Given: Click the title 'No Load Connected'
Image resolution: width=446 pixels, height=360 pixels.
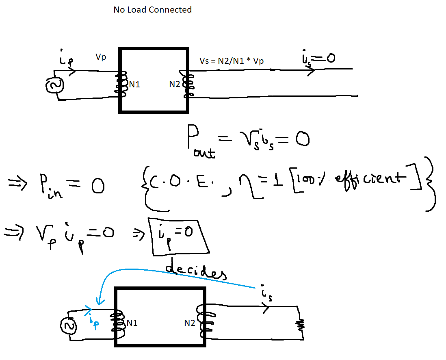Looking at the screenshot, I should (x=152, y=10).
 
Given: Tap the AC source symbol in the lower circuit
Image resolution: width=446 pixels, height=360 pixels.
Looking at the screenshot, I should (x=68, y=325).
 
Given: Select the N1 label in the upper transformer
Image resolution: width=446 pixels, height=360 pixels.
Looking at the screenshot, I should (x=134, y=85).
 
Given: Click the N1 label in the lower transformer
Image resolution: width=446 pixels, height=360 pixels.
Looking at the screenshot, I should (x=132, y=323).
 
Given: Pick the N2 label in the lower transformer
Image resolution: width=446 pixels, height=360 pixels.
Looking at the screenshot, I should (x=190, y=323).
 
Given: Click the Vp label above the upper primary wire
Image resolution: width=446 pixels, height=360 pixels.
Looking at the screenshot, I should (x=101, y=57).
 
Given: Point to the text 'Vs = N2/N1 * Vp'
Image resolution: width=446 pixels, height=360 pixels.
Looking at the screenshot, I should (x=231, y=61).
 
